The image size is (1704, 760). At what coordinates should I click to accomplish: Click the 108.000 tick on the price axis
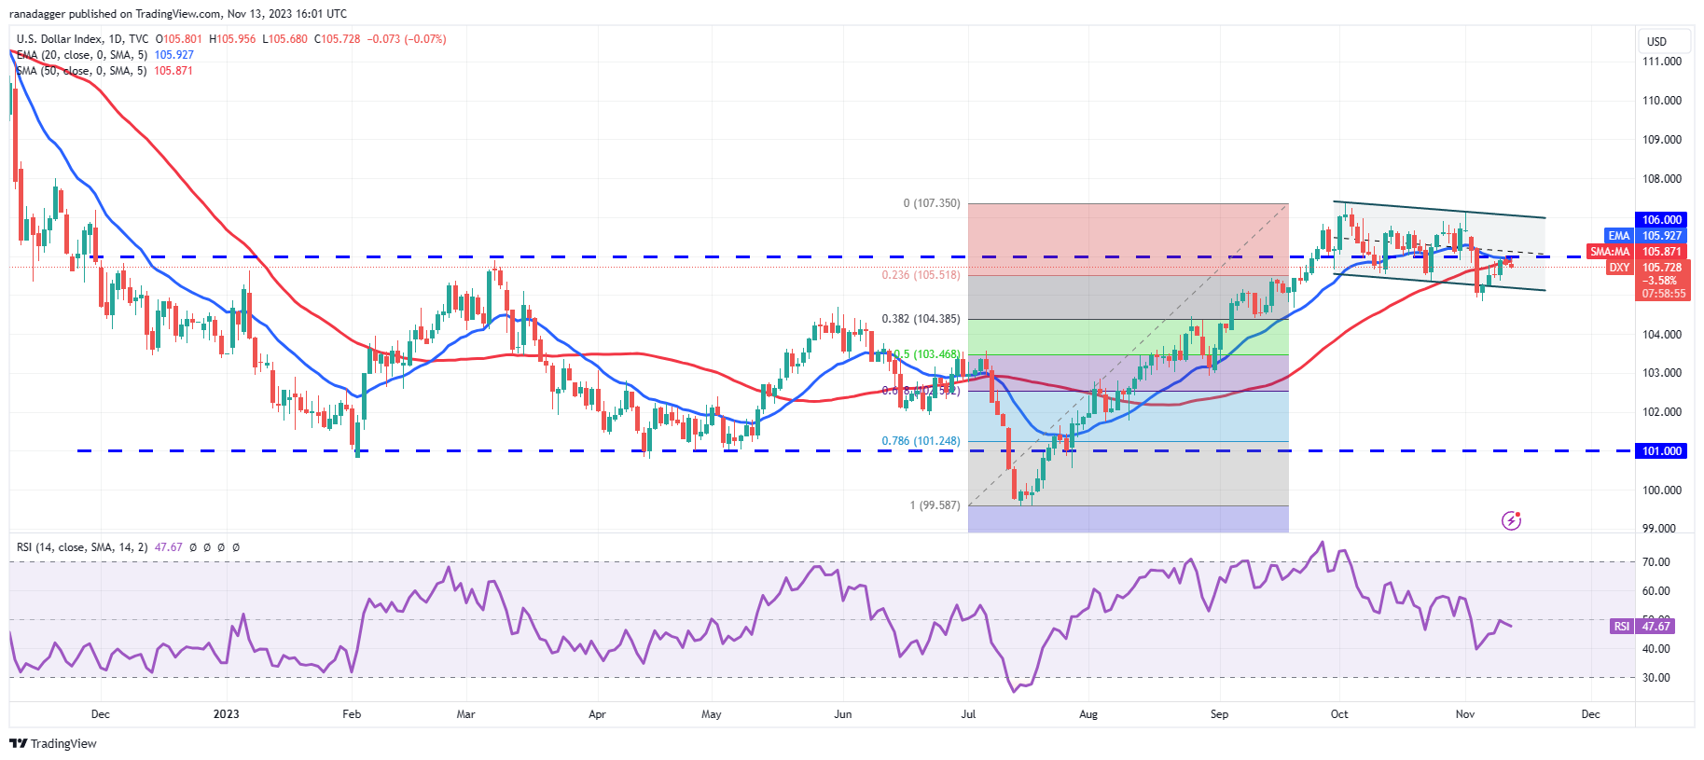(x=1661, y=179)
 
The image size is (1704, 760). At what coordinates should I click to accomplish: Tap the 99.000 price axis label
(x=1659, y=529)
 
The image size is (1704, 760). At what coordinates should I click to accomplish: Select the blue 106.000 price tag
(x=1661, y=220)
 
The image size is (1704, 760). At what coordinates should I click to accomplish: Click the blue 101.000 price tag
(x=1661, y=451)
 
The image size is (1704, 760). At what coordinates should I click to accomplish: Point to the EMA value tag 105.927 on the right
(x=1661, y=236)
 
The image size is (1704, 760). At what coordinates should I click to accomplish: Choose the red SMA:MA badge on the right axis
(x=1610, y=252)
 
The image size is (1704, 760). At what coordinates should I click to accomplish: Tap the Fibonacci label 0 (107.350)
(x=931, y=203)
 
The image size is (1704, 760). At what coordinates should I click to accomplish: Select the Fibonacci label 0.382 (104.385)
(x=921, y=319)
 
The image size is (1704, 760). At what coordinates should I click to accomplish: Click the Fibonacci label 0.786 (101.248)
(x=921, y=442)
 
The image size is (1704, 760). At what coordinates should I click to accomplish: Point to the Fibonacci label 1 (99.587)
(x=935, y=505)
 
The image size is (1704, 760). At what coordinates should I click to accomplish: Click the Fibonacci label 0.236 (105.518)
(x=921, y=275)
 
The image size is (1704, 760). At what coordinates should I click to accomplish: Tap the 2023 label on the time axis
(x=226, y=714)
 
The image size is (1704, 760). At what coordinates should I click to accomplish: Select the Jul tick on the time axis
(x=968, y=714)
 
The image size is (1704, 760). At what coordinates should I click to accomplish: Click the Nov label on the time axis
(x=1464, y=714)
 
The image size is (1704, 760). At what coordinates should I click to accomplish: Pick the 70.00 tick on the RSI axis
(x=1656, y=562)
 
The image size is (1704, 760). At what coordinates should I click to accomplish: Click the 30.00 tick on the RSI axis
(x=1656, y=678)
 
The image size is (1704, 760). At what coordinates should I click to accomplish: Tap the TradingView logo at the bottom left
(x=53, y=743)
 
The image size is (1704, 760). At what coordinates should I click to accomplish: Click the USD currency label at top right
(x=1656, y=42)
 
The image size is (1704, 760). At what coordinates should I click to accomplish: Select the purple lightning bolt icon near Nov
(x=1511, y=520)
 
